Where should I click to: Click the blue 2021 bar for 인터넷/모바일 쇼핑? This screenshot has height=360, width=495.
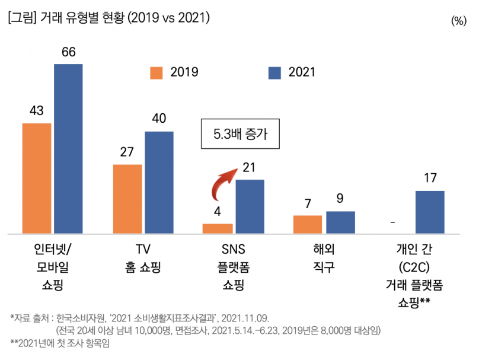(x=68, y=148)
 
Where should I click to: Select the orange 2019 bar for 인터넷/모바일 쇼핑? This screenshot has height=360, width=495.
(x=37, y=178)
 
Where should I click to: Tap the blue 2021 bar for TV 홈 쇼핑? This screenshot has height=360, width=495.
(x=159, y=182)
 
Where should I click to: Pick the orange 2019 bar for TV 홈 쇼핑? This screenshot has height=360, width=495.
(x=127, y=199)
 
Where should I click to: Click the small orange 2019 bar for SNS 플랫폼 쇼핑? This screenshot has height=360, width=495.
(x=218, y=228)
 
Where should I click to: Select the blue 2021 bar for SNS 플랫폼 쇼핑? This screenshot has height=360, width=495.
(x=250, y=206)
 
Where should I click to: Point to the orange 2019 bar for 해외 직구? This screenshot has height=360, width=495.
(x=308, y=224)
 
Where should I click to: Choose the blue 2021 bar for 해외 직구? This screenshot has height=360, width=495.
(x=340, y=222)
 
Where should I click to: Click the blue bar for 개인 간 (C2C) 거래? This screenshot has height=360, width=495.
(x=430, y=212)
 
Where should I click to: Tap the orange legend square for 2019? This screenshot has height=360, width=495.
(x=156, y=72)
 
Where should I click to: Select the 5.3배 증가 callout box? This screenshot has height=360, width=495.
(x=239, y=135)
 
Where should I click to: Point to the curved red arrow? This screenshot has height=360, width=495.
(x=223, y=183)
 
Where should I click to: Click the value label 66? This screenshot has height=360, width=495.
(x=68, y=52)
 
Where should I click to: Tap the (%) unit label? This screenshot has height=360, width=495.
(x=459, y=21)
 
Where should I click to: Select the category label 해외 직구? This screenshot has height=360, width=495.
(x=324, y=257)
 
